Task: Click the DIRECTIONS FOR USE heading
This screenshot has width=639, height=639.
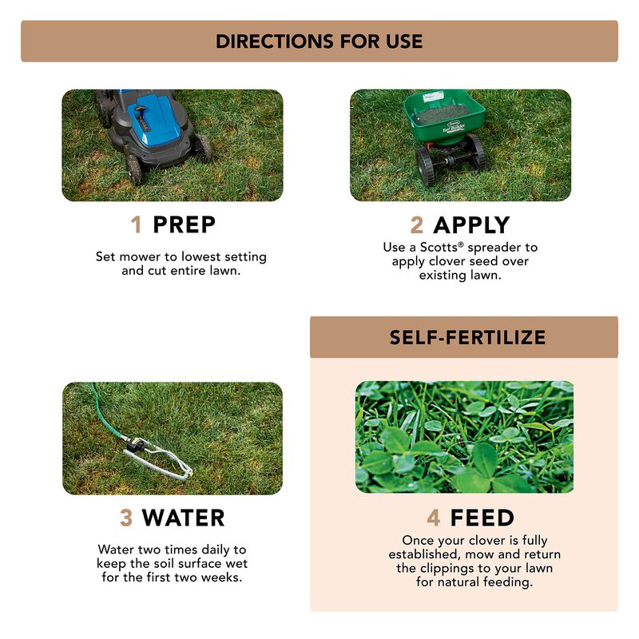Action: (319, 42)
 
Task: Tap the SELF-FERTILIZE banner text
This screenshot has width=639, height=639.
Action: (467, 337)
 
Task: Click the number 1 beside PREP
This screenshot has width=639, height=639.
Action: (137, 225)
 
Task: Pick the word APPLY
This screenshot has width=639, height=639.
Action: (471, 225)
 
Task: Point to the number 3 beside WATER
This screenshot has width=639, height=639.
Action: (126, 518)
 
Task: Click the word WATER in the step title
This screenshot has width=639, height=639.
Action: (183, 518)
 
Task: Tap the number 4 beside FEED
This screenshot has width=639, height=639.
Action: (434, 518)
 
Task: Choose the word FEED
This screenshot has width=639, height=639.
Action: (482, 518)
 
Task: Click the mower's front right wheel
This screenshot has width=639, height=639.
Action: (203, 149)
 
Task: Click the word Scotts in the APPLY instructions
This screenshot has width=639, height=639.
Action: (439, 248)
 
